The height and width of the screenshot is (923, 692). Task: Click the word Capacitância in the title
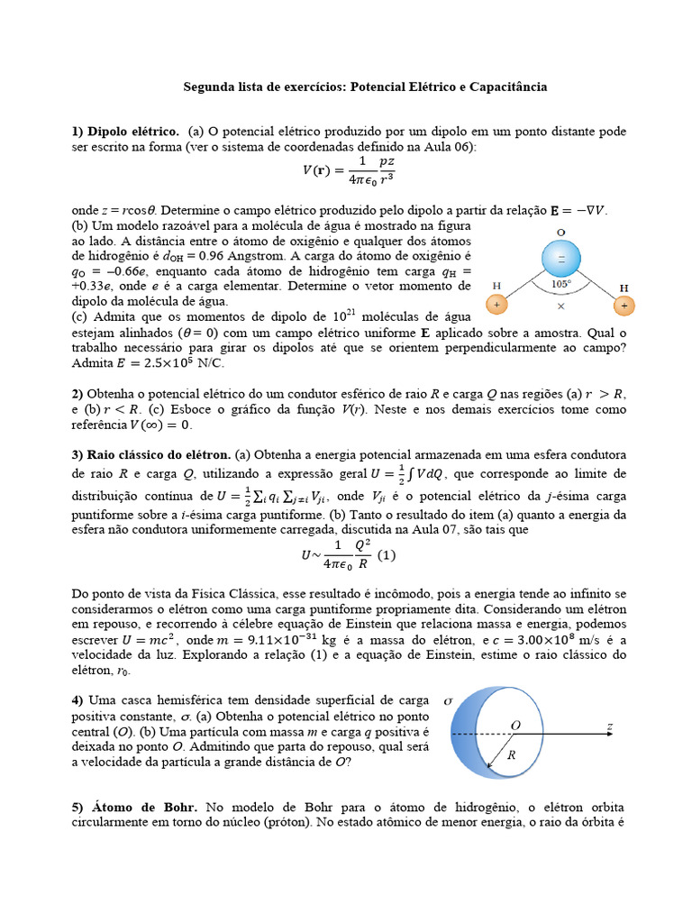click(505, 87)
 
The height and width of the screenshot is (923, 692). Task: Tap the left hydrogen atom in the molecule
click(495, 306)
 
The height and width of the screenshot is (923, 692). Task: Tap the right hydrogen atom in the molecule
click(627, 306)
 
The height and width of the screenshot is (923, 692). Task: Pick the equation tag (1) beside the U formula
click(387, 556)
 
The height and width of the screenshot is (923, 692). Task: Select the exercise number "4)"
click(77, 700)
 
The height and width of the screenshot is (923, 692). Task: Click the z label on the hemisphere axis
click(610, 725)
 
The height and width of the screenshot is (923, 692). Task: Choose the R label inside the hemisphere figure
click(511, 755)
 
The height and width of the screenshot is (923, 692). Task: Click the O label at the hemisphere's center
click(516, 724)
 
